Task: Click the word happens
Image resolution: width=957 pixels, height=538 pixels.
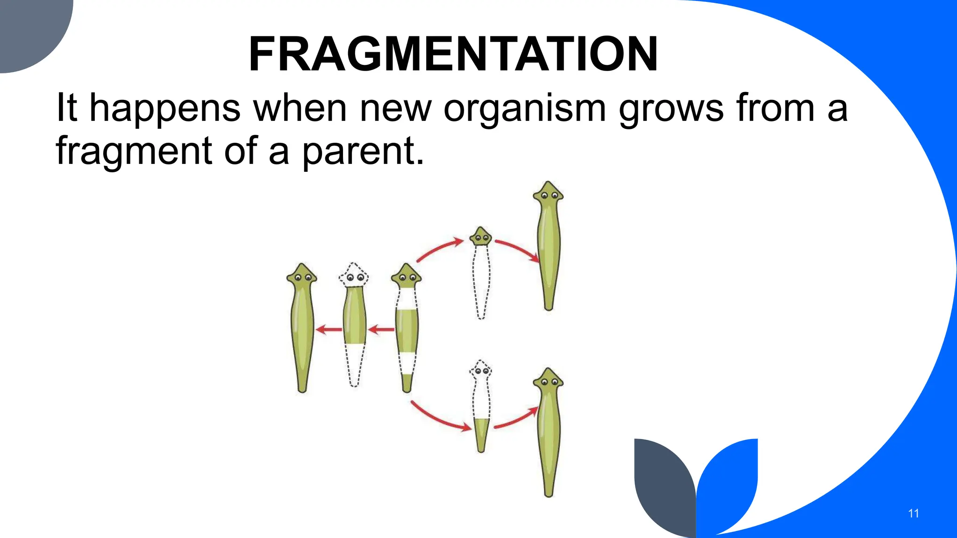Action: (164, 108)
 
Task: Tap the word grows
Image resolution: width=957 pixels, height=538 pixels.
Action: (671, 108)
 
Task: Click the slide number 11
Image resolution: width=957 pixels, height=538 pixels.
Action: (914, 513)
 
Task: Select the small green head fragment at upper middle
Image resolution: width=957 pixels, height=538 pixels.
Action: (480, 237)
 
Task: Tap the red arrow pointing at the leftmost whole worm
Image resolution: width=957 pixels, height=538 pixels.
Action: (329, 330)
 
